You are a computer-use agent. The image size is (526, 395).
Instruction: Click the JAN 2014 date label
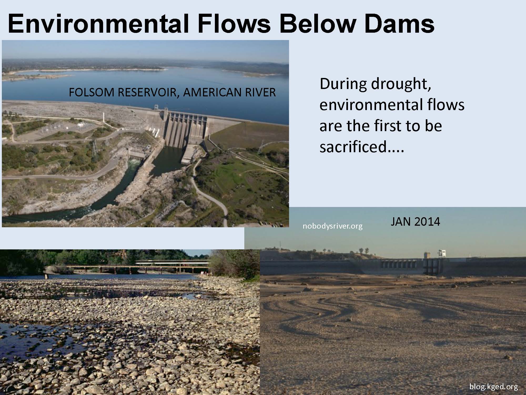[415, 222]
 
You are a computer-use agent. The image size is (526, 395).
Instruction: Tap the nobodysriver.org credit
[332, 226]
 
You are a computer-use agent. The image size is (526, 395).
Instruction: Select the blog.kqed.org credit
[494, 387]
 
